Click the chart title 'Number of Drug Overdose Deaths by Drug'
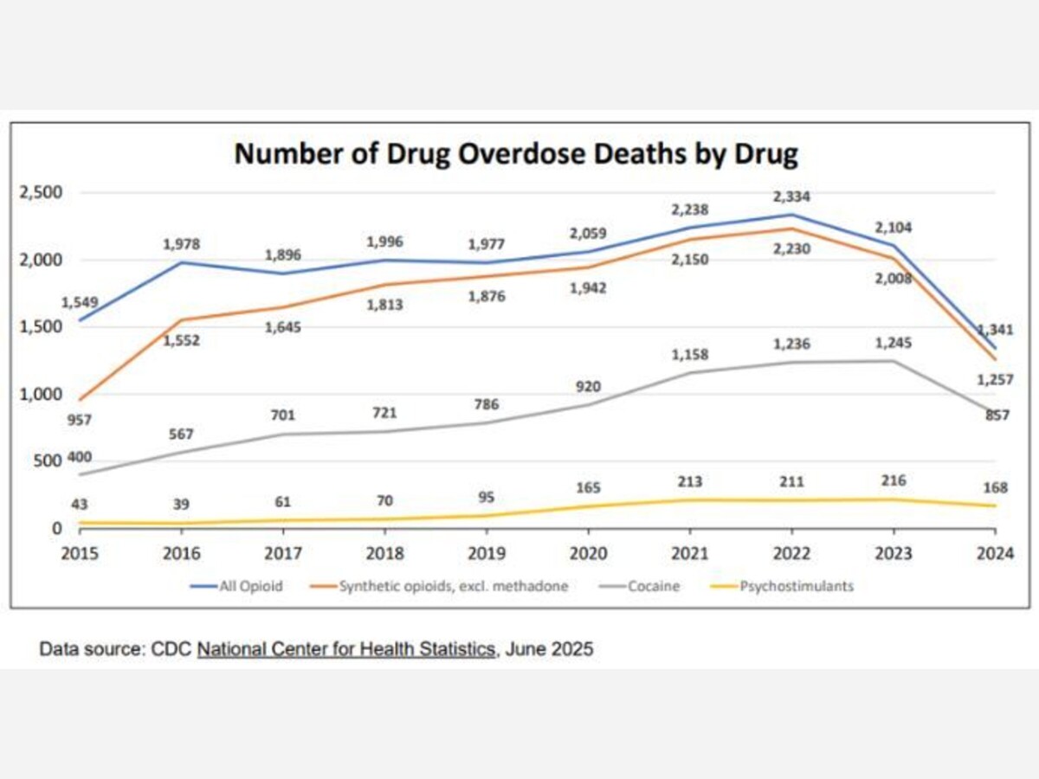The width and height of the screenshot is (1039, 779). pyautogui.click(x=516, y=153)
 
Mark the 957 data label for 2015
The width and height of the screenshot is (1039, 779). pyautogui.click(x=80, y=421)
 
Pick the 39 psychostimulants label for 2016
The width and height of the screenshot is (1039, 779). pyautogui.click(x=181, y=504)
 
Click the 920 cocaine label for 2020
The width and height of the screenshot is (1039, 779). pyautogui.click(x=588, y=386)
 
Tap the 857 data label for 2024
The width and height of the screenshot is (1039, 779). pyautogui.click(x=998, y=415)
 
